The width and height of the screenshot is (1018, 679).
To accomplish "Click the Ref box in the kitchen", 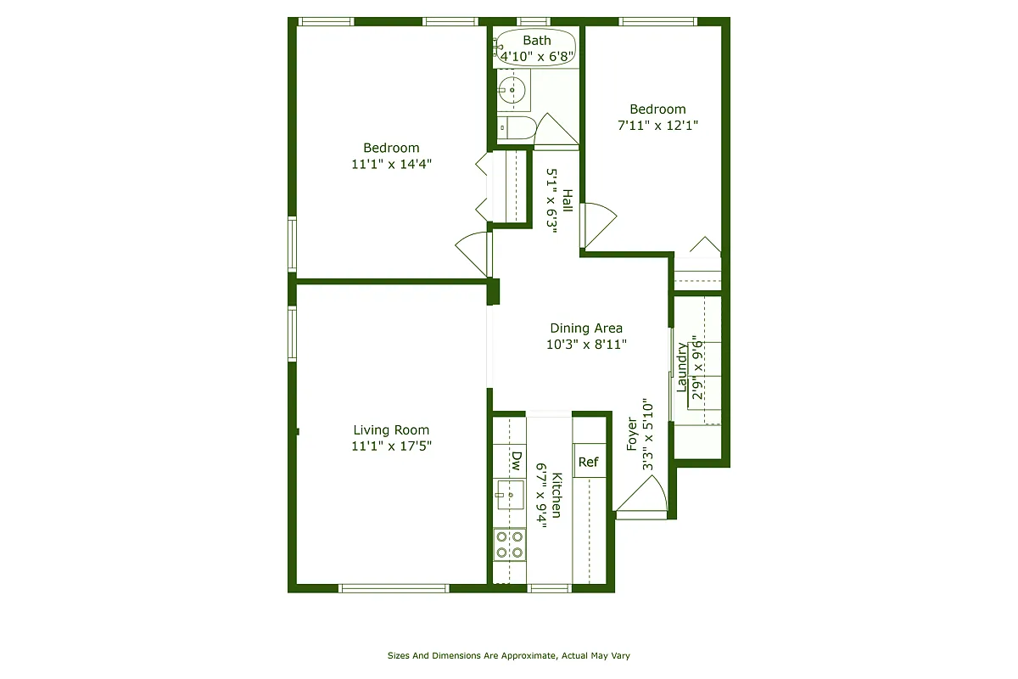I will click(x=589, y=462).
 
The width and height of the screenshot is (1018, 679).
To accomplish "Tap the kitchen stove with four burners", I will click(x=509, y=544).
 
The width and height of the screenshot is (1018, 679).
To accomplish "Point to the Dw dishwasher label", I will click(x=516, y=461).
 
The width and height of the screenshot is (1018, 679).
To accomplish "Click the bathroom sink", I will click(x=512, y=90).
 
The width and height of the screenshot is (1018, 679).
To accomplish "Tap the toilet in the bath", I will click(x=517, y=129).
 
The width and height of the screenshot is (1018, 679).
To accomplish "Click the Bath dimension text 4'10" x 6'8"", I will click(x=537, y=57).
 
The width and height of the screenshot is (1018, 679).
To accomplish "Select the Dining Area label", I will click(x=586, y=328).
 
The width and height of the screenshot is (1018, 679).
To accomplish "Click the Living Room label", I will click(x=391, y=430).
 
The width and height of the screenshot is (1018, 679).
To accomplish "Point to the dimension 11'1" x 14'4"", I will click(x=391, y=165).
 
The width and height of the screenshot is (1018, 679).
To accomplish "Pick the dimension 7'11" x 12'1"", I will click(x=657, y=126).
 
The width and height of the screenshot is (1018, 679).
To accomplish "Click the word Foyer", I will click(x=632, y=434).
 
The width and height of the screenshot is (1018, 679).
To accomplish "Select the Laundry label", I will click(x=681, y=367).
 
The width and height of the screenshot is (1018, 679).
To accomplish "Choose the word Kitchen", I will click(x=557, y=495).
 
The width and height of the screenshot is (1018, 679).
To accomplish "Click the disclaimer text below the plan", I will click(x=508, y=656).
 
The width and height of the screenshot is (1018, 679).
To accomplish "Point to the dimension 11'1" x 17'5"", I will click(x=391, y=446).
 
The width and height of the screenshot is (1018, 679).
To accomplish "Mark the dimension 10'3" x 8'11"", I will click(x=586, y=345).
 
